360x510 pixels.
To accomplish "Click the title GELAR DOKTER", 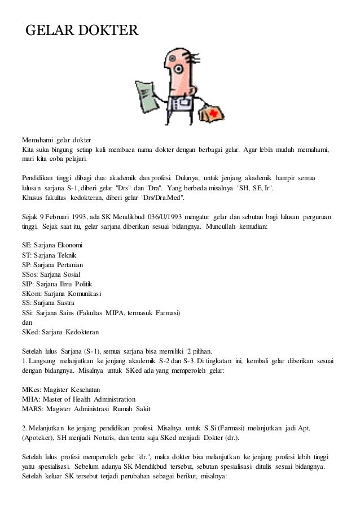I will (x=82, y=29).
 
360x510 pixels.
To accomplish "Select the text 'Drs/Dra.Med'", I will (x=178, y=198).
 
